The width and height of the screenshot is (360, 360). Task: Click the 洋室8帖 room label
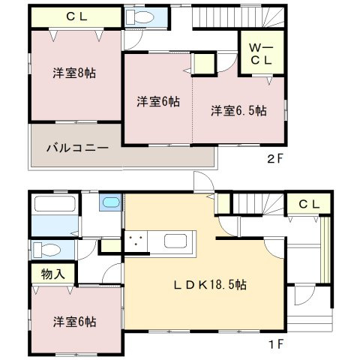pyautogui.click(x=73, y=73)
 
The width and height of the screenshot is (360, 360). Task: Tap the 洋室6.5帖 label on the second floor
pyautogui.click(x=238, y=110)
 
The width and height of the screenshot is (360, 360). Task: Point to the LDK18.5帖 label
pyautogui.click(x=212, y=285)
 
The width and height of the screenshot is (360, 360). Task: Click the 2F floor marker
pyautogui.click(x=274, y=158)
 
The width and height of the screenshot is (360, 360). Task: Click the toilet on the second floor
pyautogui.click(x=136, y=19)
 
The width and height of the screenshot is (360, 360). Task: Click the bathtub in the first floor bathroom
pyautogui.click(x=54, y=205)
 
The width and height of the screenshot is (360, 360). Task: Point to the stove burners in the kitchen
pyautogui.click(x=137, y=241)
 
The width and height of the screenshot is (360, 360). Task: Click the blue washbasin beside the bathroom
pyautogui.click(x=110, y=202)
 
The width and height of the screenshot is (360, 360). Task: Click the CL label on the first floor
pyautogui.click(x=308, y=204)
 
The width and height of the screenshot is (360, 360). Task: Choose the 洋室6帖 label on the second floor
pyautogui.click(x=157, y=101)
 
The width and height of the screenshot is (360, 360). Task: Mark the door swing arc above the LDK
pyautogui.click(x=202, y=182)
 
